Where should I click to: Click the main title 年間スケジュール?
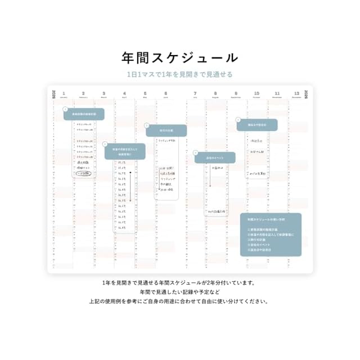(180, 57)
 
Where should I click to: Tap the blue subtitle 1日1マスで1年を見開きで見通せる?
(180, 74)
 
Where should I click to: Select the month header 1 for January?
(64, 94)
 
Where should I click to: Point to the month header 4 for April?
(124, 94)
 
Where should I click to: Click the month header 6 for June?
(165, 94)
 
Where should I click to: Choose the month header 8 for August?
(215, 94)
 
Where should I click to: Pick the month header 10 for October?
(256, 94)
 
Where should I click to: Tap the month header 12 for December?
(297, 94)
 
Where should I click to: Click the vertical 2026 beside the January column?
(53, 94)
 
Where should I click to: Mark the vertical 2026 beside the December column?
(307, 94)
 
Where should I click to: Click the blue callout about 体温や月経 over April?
(125, 151)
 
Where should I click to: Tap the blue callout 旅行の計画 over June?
(166, 130)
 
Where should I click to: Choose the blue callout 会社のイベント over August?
(215, 157)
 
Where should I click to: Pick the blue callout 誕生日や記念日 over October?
(257, 124)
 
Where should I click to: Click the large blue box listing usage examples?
(271, 234)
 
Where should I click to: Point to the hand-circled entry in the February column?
(84, 173)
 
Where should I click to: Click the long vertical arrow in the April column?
(130, 186)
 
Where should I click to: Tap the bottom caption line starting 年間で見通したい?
(180, 291)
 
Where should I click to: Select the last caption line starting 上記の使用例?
(180, 301)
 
